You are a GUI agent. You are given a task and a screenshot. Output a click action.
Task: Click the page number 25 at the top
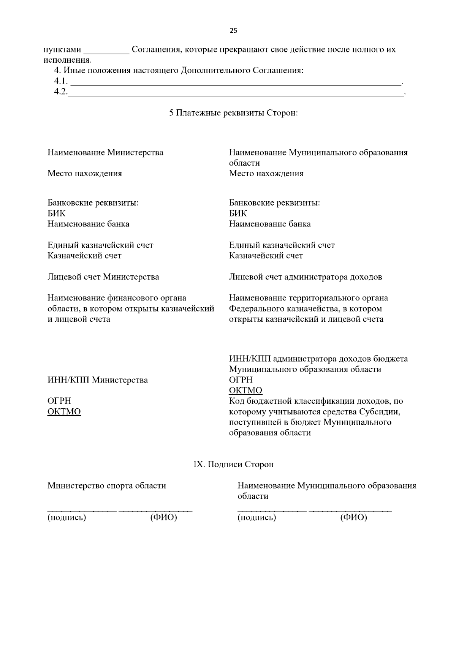[x=233, y=31]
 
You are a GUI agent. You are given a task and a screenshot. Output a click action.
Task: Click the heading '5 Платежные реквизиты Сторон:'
[x=233, y=113]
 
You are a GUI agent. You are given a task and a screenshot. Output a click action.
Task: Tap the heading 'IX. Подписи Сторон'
[x=233, y=464]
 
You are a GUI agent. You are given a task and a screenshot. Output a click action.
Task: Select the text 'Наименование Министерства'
[x=105, y=152]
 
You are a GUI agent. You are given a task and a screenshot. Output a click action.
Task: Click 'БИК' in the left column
[x=56, y=213]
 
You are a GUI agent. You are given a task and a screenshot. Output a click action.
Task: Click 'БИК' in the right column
[x=238, y=213]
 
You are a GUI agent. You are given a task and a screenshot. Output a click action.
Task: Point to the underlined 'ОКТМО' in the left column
[x=64, y=411]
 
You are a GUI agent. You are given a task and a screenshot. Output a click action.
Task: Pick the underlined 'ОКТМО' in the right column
[x=245, y=390]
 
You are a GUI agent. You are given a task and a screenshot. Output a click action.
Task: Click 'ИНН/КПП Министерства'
[x=98, y=380]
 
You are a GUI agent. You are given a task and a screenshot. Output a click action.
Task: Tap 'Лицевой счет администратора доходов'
[x=306, y=277]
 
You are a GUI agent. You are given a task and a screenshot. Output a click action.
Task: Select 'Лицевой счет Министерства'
[x=103, y=277]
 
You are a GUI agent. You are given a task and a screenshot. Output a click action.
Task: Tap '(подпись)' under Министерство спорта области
[x=66, y=517]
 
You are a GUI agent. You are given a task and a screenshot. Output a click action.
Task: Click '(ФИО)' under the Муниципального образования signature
[x=353, y=517]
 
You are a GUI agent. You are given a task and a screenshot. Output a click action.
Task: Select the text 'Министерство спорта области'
[x=106, y=485]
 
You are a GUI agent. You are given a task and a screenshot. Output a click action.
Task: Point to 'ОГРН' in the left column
[x=59, y=401]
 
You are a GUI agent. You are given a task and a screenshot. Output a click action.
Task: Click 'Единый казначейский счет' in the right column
[x=282, y=245]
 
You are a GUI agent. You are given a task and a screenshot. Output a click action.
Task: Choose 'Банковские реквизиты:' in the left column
[x=93, y=202]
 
